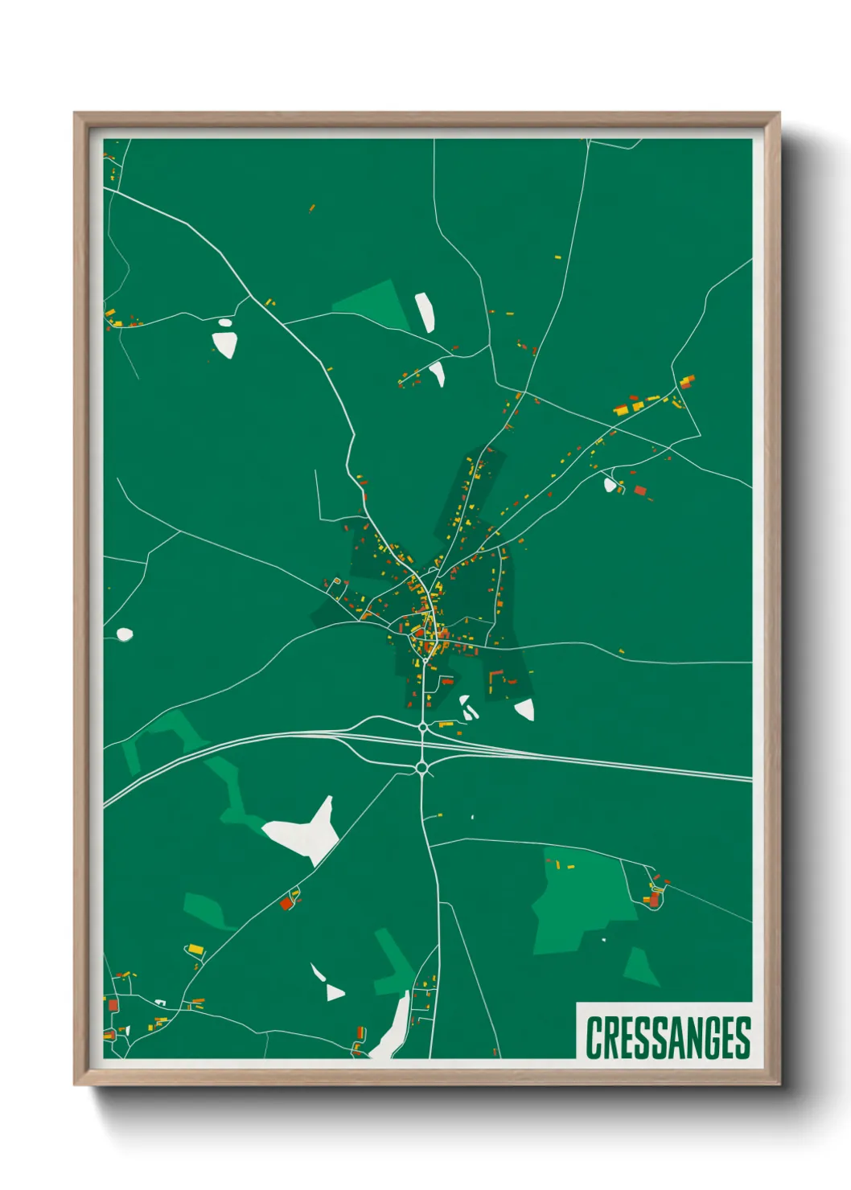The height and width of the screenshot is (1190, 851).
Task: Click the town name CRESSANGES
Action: coord(668,1037)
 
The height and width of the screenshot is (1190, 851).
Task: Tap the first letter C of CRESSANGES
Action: coord(594,1037)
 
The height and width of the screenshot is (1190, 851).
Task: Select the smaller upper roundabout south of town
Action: coord(423,727)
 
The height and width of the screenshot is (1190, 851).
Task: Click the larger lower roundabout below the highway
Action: coord(422,769)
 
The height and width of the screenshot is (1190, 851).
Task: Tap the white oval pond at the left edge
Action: coord(124,635)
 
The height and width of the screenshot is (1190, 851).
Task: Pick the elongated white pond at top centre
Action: coord(425,312)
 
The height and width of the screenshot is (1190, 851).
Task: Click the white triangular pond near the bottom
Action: coord(334,992)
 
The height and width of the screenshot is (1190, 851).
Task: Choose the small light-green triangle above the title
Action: coord(640,966)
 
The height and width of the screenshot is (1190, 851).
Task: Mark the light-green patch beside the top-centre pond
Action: coord(375,304)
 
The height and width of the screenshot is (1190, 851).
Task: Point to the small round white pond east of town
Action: coord(610,484)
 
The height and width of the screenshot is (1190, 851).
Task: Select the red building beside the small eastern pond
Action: coord(640,490)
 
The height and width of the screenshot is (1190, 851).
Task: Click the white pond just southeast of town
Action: coord(524,709)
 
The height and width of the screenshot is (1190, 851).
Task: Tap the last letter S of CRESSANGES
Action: coord(742,1037)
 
